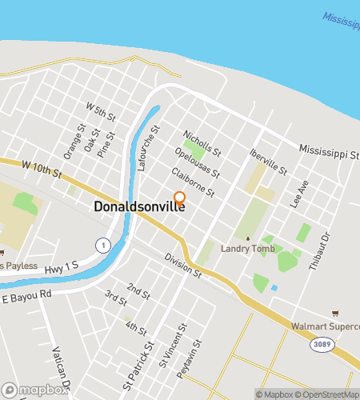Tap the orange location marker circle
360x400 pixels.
pyautogui.click(x=180, y=198)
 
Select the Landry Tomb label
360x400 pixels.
pyautogui.click(x=248, y=248)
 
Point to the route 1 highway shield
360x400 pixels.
pyautogui.click(x=102, y=244)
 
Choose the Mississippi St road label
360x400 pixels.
pyautogui.click(x=329, y=150)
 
